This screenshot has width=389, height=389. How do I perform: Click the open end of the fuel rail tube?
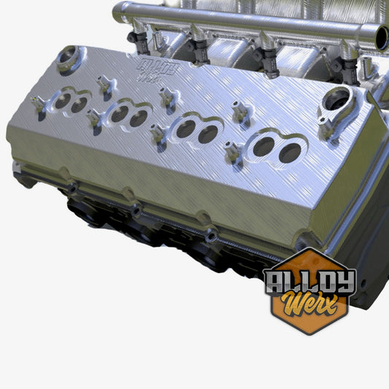(381, 37)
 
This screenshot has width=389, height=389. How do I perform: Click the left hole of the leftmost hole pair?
(63, 101)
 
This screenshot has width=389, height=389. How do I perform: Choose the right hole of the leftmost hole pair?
(79, 105)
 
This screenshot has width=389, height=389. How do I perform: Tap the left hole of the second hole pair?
(120, 114)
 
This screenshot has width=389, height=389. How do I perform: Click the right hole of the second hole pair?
(138, 118)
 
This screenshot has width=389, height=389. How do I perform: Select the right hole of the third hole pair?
(208, 134)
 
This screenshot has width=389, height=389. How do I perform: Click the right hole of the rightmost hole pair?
(290, 153)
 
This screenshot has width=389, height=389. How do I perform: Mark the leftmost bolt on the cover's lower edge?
(73, 188)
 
